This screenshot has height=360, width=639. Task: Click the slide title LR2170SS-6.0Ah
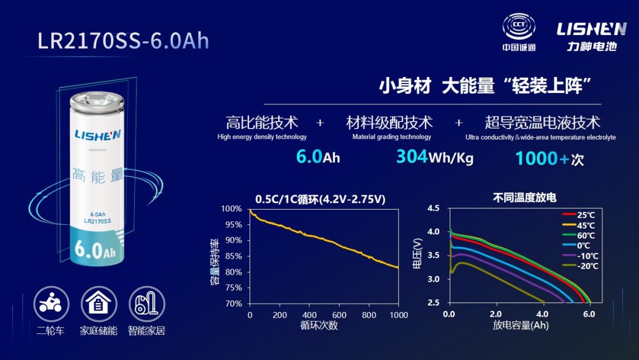point(123,40)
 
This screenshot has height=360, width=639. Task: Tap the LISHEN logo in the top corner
point(591,29)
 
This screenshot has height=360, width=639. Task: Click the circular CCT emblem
point(519,27)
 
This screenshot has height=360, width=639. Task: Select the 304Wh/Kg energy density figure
point(434,157)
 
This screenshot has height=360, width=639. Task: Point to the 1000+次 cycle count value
point(550,159)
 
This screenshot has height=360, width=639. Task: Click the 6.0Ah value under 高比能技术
point(318,157)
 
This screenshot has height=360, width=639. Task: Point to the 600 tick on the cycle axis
point(339,315)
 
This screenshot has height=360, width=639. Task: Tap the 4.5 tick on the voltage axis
point(433,208)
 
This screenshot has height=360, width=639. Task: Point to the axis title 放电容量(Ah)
point(521,326)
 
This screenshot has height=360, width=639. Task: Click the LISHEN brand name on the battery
point(98,134)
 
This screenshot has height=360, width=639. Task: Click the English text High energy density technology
point(262,137)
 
